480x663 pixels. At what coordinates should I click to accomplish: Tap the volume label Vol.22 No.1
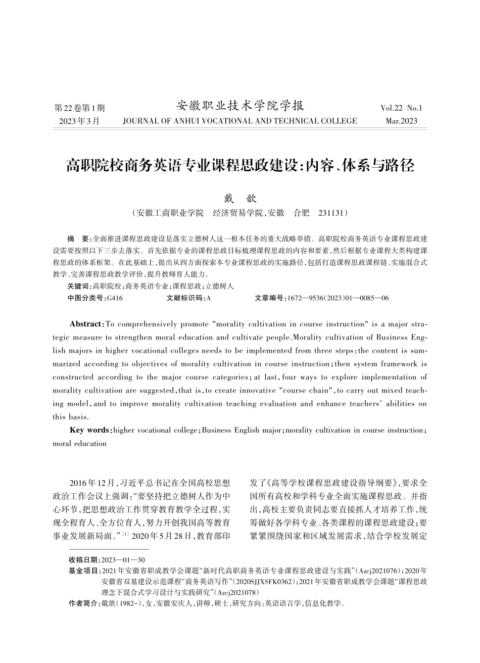pyautogui.click(x=401, y=108)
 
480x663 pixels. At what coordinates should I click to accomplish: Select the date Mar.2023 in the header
pyautogui.click(x=401, y=121)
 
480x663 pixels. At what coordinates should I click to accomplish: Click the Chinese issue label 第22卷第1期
pyautogui.click(x=79, y=108)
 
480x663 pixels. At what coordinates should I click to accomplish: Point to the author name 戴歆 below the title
pyautogui.click(x=240, y=199)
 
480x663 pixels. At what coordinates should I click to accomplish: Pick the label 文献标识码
pyautogui.click(x=185, y=298)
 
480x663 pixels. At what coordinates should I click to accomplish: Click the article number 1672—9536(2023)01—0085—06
pyautogui.click(x=337, y=298)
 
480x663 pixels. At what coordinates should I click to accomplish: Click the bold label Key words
pyautogui.click(x=90, y=430)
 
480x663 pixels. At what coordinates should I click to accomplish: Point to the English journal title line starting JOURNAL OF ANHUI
pyautogui.click(x=239, y=121)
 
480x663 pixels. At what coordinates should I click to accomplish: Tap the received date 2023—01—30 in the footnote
pyautogui.click(x=123, y=560)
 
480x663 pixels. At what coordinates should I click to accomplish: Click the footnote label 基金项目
pyautogui.click(x=84, y=571)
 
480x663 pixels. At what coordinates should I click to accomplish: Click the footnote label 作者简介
pyautogui.click(x=84, y=603)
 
